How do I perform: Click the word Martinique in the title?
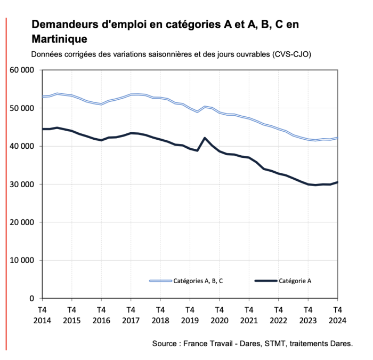(59, 39)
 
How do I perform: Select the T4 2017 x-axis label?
(131, 314)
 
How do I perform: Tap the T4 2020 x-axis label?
(219, 314)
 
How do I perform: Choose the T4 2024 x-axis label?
(337, 314)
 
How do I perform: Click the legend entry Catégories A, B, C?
(197, 281)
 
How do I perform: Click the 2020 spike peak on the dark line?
(205, 138)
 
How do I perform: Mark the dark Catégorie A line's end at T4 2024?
(337, 182)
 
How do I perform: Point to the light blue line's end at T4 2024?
(337, 138)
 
